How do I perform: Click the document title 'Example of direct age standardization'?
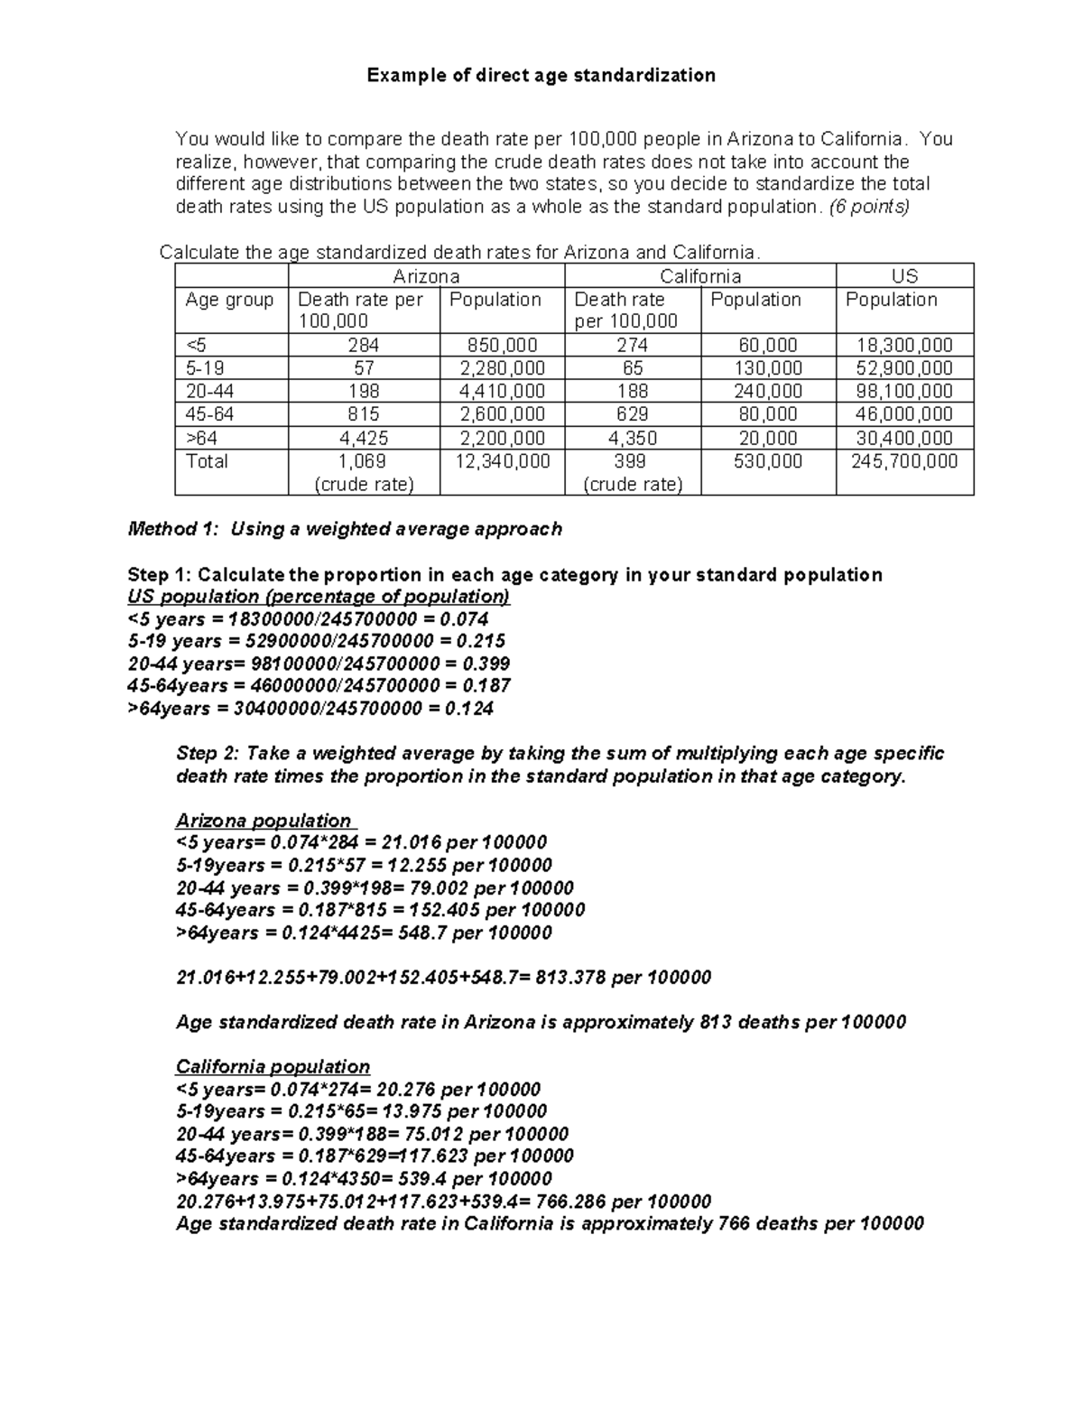541,76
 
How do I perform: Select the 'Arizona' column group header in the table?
426,276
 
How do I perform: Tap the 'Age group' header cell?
229,300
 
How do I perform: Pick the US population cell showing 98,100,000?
904,391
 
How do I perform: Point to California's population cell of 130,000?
768,368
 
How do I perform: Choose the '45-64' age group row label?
205,414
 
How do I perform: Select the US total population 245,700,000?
904,461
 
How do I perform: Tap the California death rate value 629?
632,414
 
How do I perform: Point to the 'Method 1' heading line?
345,529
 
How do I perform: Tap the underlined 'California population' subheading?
273,1066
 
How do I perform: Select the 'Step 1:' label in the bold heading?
160,575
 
